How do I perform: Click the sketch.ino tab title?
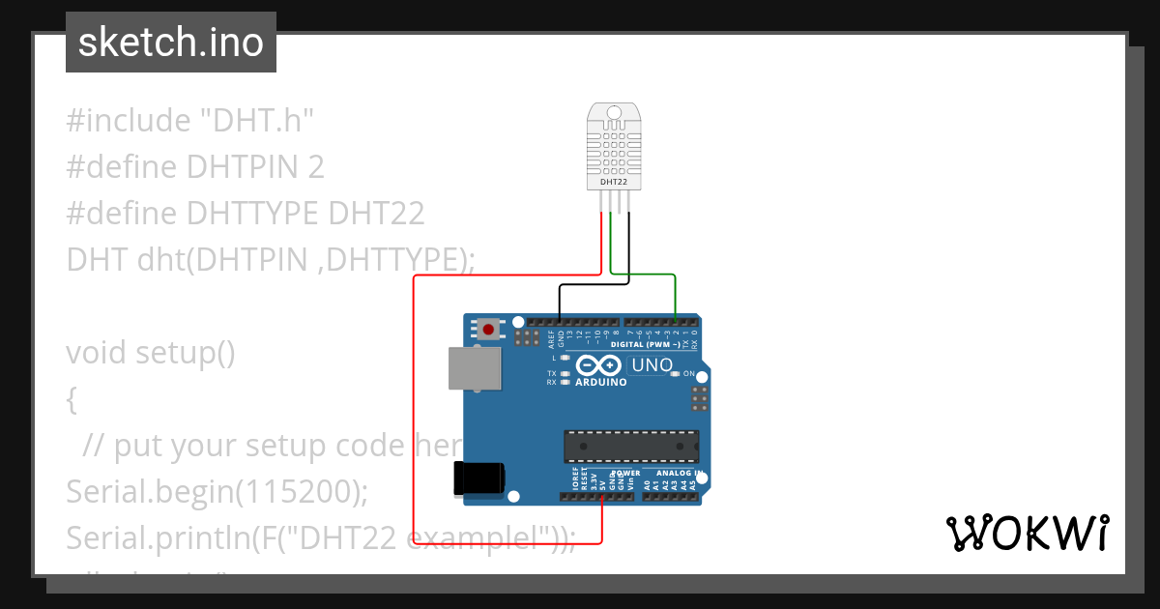coord(171,43)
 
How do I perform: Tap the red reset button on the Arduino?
coord(489,330)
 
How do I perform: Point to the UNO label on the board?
coord(652,365)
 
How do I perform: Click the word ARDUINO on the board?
coord(601,382)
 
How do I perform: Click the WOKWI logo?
coord(1027,534)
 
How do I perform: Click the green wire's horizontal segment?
coord(642,275)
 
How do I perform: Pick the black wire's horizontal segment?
coord(594,284)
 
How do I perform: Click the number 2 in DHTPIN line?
coord(316,167)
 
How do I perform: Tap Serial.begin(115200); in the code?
coord(217,492)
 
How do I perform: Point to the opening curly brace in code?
coord(72,399)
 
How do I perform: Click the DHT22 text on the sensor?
coord(612,181)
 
